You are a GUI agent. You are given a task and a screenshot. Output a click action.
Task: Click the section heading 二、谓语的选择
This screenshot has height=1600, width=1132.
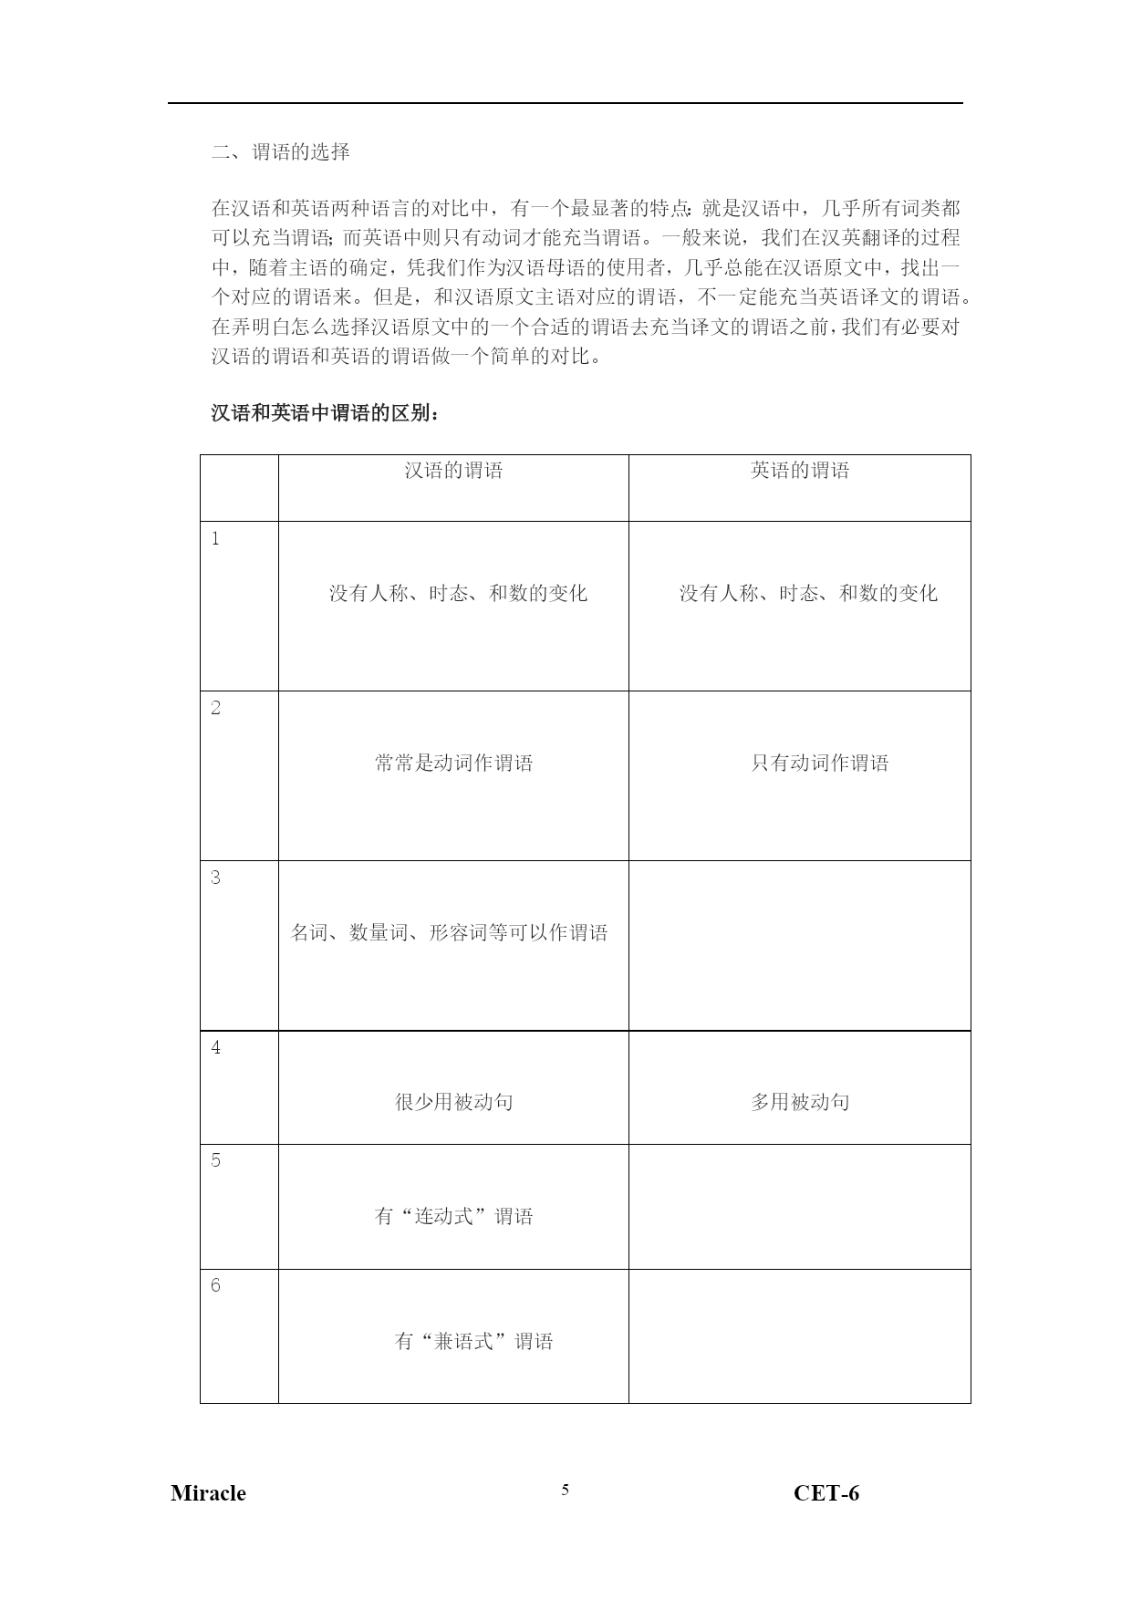281,152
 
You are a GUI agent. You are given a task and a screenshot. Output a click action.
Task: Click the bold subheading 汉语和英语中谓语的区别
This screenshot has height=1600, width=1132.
326,413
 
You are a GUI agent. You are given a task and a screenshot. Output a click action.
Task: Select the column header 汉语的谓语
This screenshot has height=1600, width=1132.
453,471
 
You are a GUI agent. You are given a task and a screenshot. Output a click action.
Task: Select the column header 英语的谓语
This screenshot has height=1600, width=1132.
800,471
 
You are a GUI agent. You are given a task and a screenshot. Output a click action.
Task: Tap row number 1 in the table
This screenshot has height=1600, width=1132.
215,539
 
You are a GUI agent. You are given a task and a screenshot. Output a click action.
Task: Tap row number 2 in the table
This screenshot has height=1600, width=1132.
215,709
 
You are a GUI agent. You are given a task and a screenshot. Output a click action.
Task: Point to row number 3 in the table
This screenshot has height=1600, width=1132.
215,878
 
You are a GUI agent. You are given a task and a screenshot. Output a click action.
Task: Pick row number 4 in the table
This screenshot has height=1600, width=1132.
215,1048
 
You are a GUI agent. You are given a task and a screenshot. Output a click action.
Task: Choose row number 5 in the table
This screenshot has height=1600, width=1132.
215,1161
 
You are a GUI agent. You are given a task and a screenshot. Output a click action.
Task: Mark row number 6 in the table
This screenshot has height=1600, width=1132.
215,1286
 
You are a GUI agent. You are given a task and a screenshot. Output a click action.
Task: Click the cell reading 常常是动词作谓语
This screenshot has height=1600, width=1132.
453,764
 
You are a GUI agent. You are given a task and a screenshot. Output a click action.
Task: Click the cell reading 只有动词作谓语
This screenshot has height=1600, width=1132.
819,764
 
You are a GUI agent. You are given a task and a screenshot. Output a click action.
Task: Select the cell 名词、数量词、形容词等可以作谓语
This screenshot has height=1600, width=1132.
449,933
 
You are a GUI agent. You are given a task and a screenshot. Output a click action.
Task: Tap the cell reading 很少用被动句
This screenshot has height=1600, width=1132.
453,1102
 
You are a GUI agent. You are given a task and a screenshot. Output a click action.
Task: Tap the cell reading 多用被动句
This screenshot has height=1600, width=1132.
800,1102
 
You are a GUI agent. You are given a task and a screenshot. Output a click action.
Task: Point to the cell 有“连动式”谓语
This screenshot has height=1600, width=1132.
453,1216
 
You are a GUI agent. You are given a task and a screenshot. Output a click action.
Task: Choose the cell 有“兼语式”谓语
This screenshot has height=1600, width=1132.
473,1341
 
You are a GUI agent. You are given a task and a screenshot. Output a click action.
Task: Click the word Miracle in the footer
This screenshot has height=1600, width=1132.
208,1493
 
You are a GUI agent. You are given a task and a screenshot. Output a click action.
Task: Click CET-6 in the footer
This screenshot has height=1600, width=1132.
826,1493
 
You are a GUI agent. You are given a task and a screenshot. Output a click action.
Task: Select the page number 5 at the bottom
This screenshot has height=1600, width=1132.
566,1490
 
